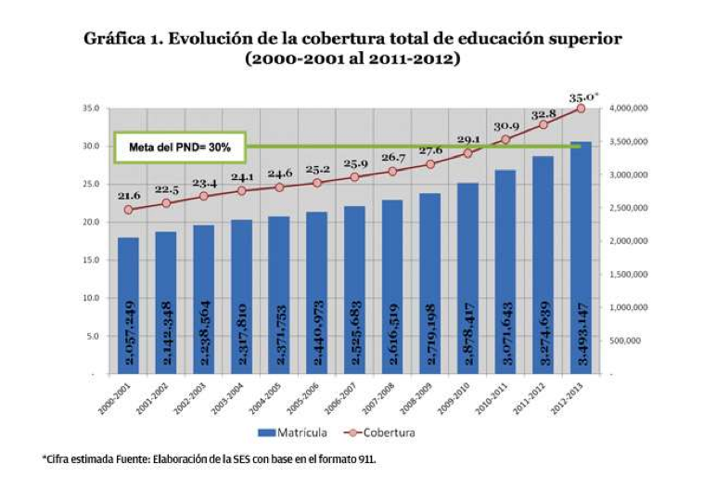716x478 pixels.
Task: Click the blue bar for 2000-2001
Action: coord(129,306)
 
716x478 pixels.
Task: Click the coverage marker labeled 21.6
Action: coord(129,210)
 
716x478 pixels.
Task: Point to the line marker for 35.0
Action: coord(581,108)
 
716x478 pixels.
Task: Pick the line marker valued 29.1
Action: coord(467,153)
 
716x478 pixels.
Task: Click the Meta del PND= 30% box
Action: coord(180,147)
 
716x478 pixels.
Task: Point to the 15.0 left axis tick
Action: coord(91,260)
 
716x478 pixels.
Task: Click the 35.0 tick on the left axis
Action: coord(91,108)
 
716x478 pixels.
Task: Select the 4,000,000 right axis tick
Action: coord(631,108)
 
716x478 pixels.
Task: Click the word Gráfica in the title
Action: coord(116,39)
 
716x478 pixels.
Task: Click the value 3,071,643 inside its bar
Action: coord(505,334)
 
